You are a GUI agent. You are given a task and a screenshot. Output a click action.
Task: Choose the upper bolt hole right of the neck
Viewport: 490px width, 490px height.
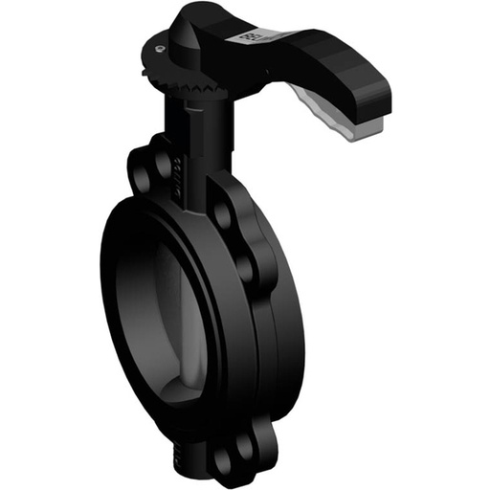pyautogui.click(x=223, y=212)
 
